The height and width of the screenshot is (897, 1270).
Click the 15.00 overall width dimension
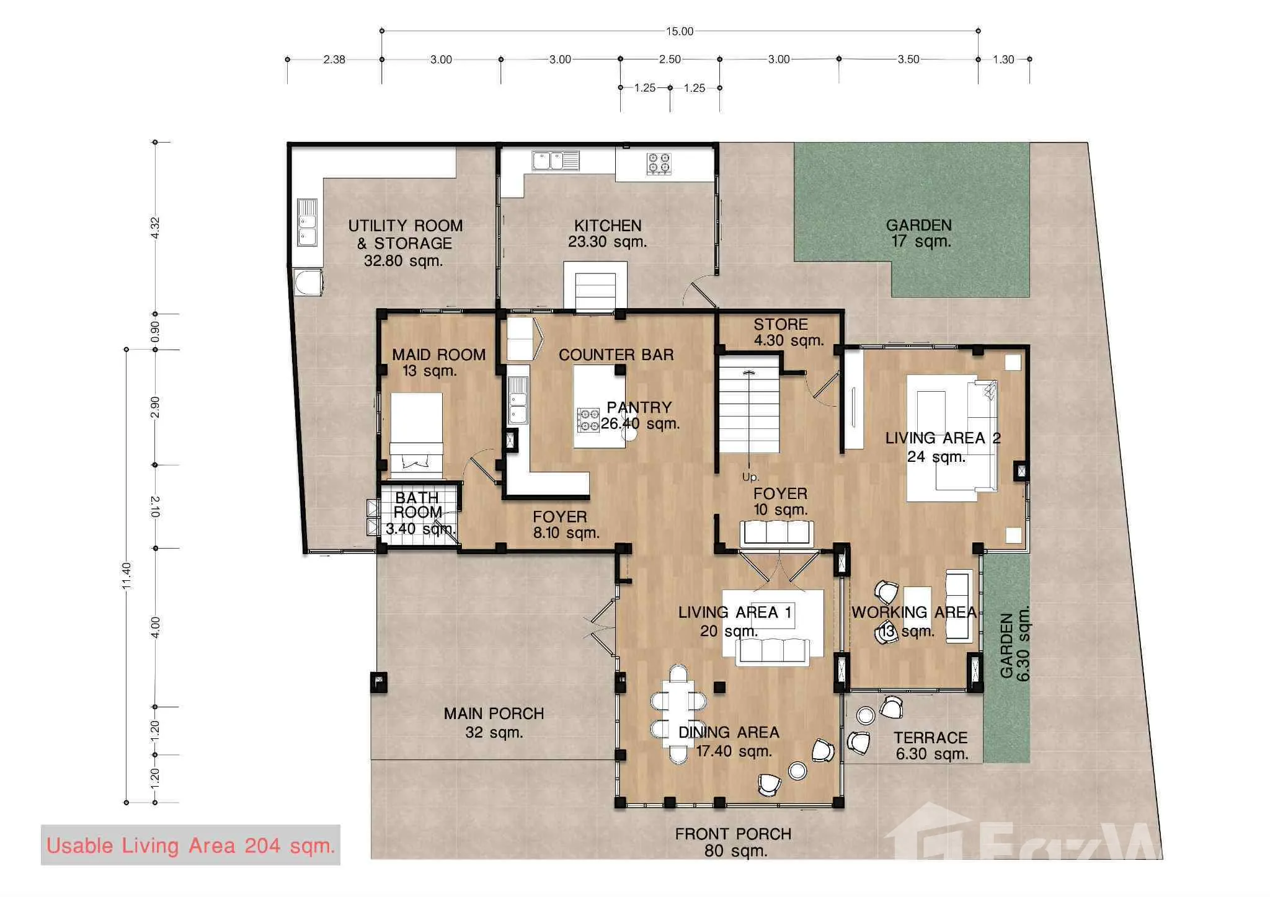(680, 31)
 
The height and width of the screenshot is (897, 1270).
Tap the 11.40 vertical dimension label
(127, 575)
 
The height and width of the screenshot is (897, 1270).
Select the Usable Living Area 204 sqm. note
(190, 846)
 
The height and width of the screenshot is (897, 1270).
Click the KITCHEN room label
(608, 226)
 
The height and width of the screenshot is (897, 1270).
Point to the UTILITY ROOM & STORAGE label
(405, 234)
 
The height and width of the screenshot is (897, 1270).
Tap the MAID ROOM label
(438, 355)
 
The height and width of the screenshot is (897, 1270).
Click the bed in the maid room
(416, 435)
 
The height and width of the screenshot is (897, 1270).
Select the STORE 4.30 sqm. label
(788, 332)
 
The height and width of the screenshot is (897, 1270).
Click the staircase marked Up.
(748, 404)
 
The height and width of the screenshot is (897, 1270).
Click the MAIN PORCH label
(494, 714)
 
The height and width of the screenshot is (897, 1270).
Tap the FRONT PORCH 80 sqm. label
(734, 842)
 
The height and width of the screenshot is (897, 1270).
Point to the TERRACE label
(930, 738)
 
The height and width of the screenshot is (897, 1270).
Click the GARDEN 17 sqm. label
(919, 233)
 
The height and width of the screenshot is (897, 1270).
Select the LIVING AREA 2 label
(943, 438)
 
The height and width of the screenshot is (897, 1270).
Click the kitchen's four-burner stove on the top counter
(659, 163)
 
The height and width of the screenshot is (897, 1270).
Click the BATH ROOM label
(417, 505)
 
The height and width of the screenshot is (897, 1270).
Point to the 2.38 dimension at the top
(334, 60)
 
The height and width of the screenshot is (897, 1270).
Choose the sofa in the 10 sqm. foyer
(777, 533)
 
